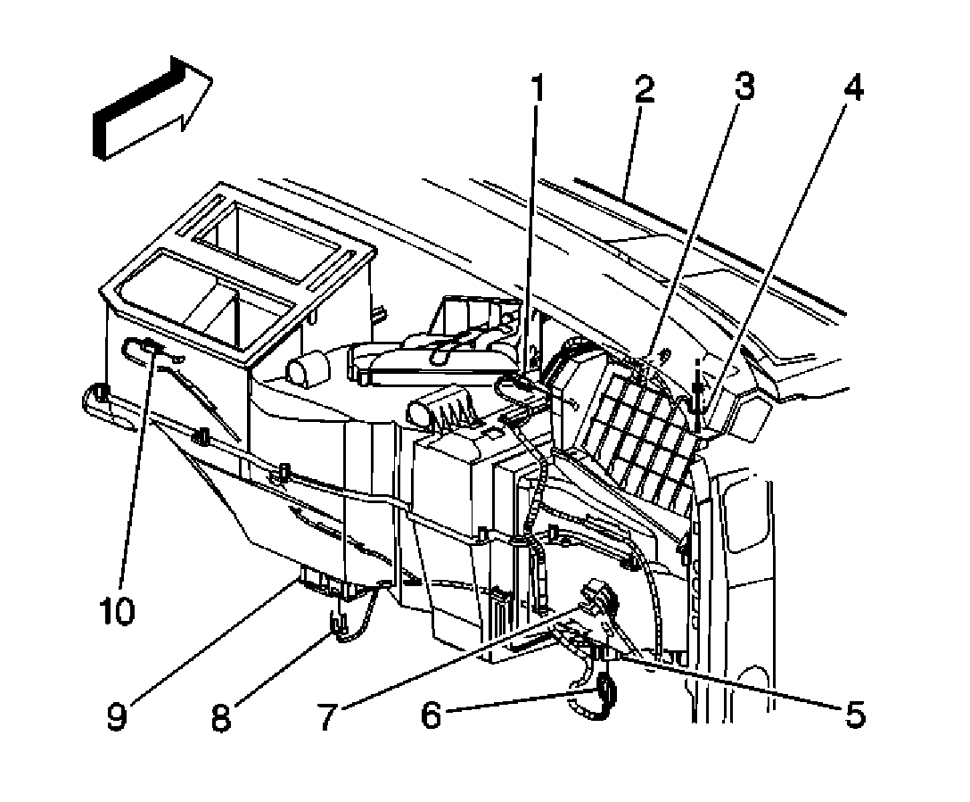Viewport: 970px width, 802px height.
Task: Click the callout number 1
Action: click(537, 91)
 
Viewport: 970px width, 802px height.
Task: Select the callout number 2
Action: click(645, 91)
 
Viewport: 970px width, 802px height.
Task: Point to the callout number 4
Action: click(853, 91)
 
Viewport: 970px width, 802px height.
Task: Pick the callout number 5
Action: click(853, 715)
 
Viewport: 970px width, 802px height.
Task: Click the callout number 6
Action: click(432, 715)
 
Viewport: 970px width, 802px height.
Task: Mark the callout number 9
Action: click(117, 715)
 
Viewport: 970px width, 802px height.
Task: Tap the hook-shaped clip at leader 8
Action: click(340, 622)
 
